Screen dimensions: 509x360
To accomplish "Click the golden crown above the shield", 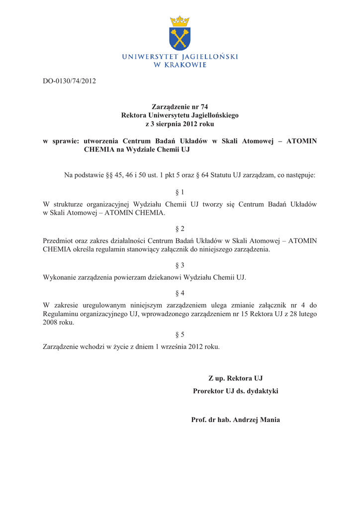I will click(x=180, y=21).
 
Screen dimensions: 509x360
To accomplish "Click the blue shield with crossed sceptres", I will click(x=180, y=39).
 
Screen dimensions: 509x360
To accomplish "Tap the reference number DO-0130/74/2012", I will click(x=69, y=81).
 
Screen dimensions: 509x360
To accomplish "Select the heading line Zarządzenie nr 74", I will click(x=180, y=107).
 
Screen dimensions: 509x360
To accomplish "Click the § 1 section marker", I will click(x=180, y=192).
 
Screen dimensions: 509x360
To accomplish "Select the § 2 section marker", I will click(x=180, y=229).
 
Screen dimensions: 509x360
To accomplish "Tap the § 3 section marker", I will click(x=180, y=265).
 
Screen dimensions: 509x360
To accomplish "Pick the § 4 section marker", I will click(x=180, y=293).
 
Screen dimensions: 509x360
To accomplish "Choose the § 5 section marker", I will click(x=180, y=335).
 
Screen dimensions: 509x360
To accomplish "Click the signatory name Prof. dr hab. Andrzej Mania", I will click(x=236, y=420).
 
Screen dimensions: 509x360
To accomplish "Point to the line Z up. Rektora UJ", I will click(x=236, y=379).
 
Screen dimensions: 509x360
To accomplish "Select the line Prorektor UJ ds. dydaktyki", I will click(x=236, y=391).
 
